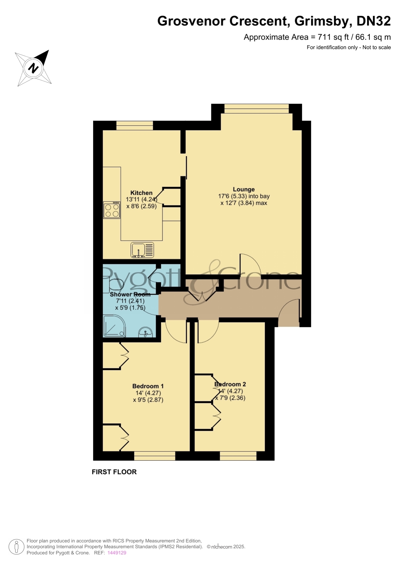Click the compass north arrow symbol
pos(33,68)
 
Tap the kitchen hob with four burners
pos(112,210)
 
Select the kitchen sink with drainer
pos(142,250)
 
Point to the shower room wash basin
pos(146,332)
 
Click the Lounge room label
pos(244,189)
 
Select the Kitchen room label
pos(142,193)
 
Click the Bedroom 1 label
pos(148,386)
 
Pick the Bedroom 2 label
pos(230,384)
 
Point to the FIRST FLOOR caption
pos(114,472)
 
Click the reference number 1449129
pos(117,553)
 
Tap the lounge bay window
pos(257,109)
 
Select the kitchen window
pos(135,125)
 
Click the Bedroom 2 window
pos(238,456)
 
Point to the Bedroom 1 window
pos(155,456)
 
